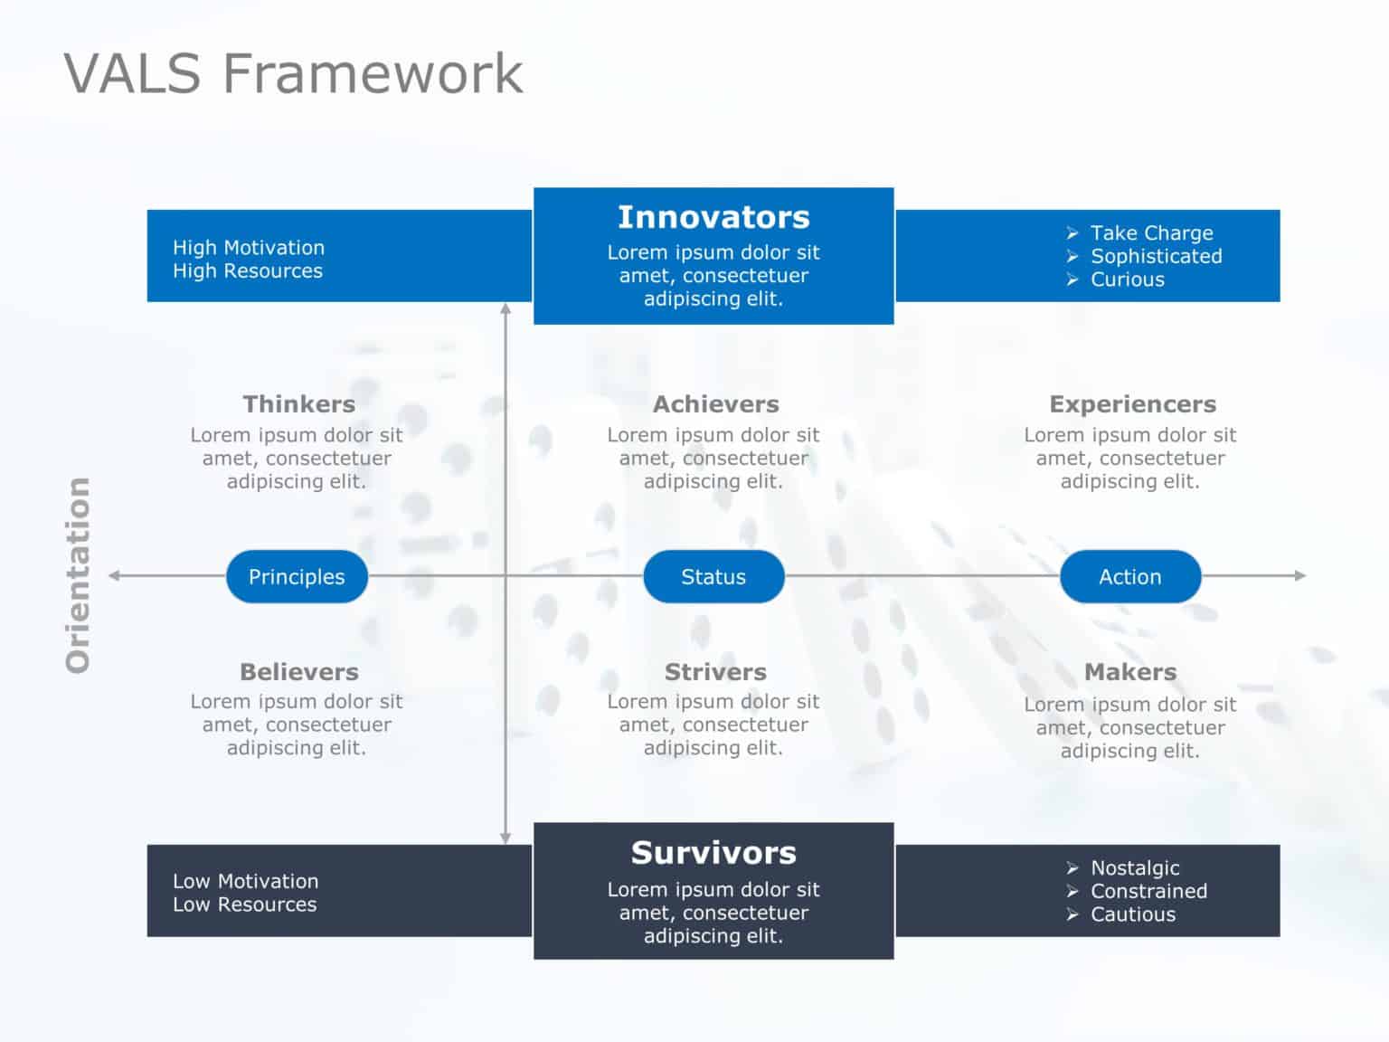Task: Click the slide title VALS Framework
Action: [293, 73]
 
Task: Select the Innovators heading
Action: [713, 217]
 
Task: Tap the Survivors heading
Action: [713, 853]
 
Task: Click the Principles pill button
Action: [297, 576]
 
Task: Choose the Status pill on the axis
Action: [713, 576]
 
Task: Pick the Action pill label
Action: [1129, 576]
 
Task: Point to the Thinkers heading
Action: [298, 404]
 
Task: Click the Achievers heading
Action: [715, 404]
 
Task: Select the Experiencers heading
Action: [1132, 404]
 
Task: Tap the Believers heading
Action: [298, 672]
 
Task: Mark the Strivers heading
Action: [715, 672]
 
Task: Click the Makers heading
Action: [1130, 672]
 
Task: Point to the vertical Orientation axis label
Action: [79, 575]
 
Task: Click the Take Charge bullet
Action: [1150, 233]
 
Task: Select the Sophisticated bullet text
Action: [1156, 257]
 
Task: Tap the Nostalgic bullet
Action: [1134, 868]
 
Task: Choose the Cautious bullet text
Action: [1132, 914]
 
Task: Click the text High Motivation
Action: [249, 248]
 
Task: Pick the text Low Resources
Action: [245, 905]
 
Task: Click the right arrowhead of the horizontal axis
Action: [1300, 575]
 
